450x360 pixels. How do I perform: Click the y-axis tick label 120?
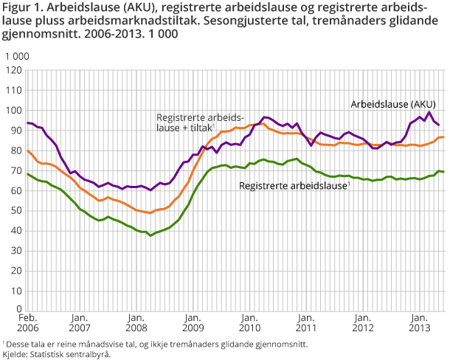[x=12, y=71]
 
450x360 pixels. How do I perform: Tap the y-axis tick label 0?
[x=16, y=310]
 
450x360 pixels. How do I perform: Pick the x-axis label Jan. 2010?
[x=247, y=321]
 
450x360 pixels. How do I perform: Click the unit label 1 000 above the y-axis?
[x=17, y=56]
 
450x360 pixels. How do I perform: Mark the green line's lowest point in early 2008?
[x=150, y=235]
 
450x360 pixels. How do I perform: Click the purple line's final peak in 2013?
[x=430, y=112]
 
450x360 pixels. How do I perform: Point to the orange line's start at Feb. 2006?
[x=27, y=150]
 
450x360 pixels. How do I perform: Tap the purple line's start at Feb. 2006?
[x=27, y=122]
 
